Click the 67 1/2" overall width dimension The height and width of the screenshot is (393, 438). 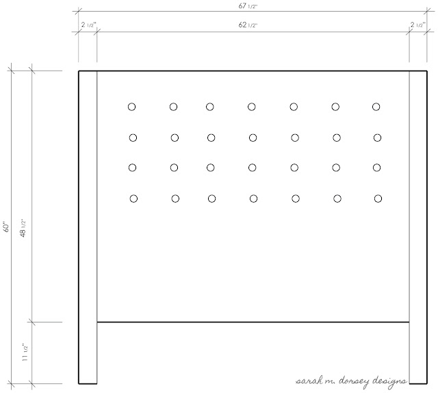pos(248,6)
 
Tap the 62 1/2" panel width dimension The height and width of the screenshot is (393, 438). pos(248,25)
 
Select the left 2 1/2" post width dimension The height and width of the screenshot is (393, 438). pos(88,25)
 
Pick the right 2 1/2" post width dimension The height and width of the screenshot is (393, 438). pos(418,25)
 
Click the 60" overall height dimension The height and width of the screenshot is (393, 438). pos(7,227)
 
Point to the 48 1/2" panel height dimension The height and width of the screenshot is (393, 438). pos(23,229)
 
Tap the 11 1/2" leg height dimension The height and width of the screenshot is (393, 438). pos(25,353)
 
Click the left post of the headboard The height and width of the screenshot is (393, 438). pos(88,227)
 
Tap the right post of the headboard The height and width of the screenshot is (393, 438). pos(418,227)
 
